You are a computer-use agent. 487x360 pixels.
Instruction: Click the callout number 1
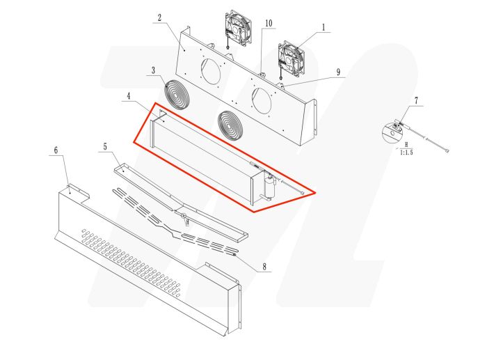[324, 29]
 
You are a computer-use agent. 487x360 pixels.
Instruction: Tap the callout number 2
[159, 18]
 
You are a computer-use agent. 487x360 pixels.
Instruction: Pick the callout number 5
[104, 146]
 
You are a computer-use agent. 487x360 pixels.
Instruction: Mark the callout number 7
[415, 102]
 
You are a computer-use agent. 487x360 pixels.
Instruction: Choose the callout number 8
[264, 267]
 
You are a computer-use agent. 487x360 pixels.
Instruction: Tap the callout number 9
[337, 72]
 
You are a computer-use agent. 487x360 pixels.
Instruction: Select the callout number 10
[267, 24]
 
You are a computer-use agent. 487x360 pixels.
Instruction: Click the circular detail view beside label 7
[394, 130]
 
